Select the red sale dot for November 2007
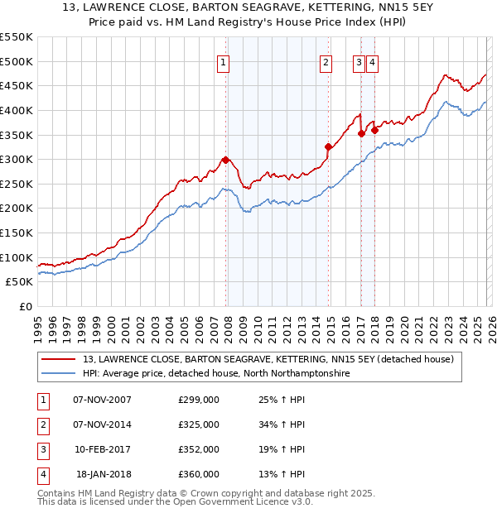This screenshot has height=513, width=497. [225, 160]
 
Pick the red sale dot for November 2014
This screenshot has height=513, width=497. [328, 146]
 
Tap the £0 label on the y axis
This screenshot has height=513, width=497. [25, 306]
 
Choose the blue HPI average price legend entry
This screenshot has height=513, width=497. [216, 374]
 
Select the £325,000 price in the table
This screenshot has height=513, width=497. [199, 425]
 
